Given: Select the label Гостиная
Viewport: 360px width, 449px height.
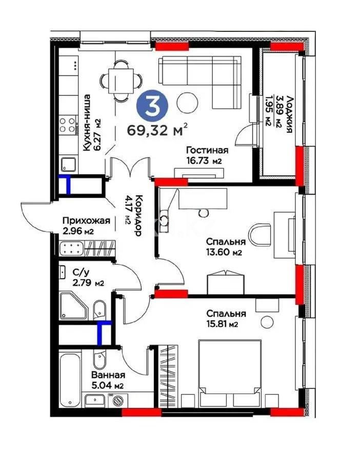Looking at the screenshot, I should pyautogui.click(x=207, y=150).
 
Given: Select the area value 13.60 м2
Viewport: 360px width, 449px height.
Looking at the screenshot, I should pyautogui.click(x=223, y=252).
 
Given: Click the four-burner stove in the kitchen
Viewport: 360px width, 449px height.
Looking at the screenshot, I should pyautogui.click(x=68, y=125).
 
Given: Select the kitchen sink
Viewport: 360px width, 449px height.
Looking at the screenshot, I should pyautogui.click(x=68, y=164).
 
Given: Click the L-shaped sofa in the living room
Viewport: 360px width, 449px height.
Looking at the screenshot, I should pyautogui.click(x=205, y=77).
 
